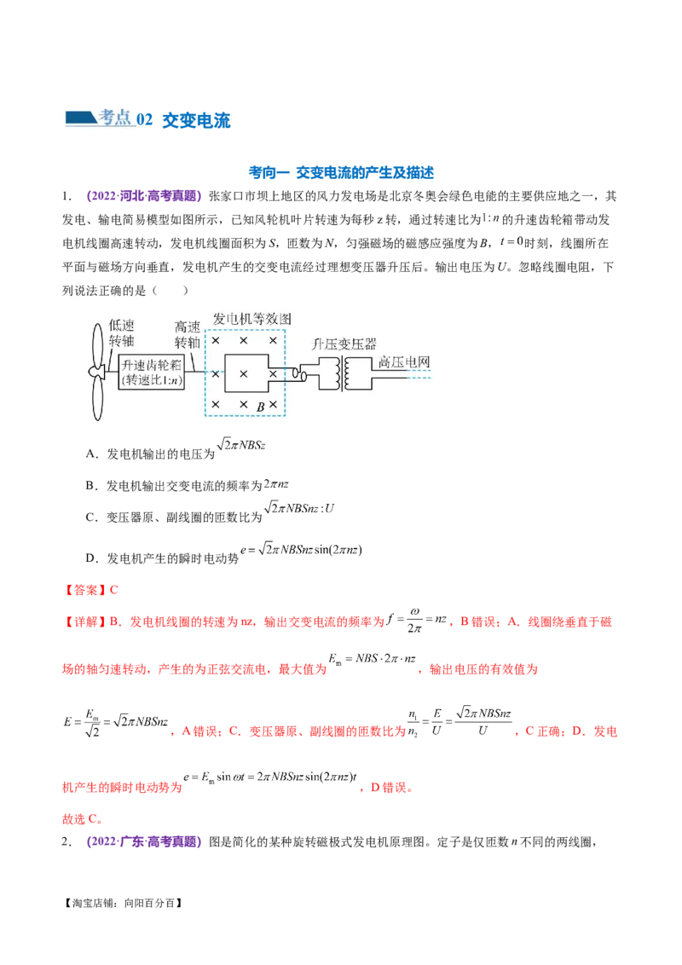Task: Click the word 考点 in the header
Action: click(x=114, y=118)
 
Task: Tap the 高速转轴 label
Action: click(x=187, y=334)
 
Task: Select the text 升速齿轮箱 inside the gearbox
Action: click(x=150, y=364)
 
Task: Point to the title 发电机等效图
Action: click(x=251, y=318)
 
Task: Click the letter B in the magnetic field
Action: click(x=261, y=407)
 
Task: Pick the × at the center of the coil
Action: click(x=244, y=373)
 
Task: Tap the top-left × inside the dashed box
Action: click(x=216, y=341)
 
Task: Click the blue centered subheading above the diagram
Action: click(x=341, y=174)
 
